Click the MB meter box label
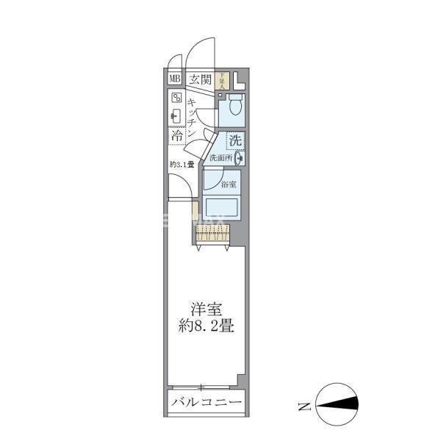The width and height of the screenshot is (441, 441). (175, 79)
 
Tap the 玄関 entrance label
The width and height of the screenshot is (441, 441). (199, 79)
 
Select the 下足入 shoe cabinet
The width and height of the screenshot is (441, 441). (223, 79)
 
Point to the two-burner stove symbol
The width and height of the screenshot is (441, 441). (176, 97)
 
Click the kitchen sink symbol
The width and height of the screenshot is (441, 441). (176, 115)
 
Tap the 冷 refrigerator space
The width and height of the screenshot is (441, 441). (177, 136)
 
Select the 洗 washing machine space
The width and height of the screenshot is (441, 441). (234, 140)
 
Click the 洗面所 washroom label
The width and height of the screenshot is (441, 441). (220, 157)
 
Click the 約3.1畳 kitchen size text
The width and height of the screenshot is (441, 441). (181, 164)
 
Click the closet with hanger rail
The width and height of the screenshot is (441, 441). (212, 234)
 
